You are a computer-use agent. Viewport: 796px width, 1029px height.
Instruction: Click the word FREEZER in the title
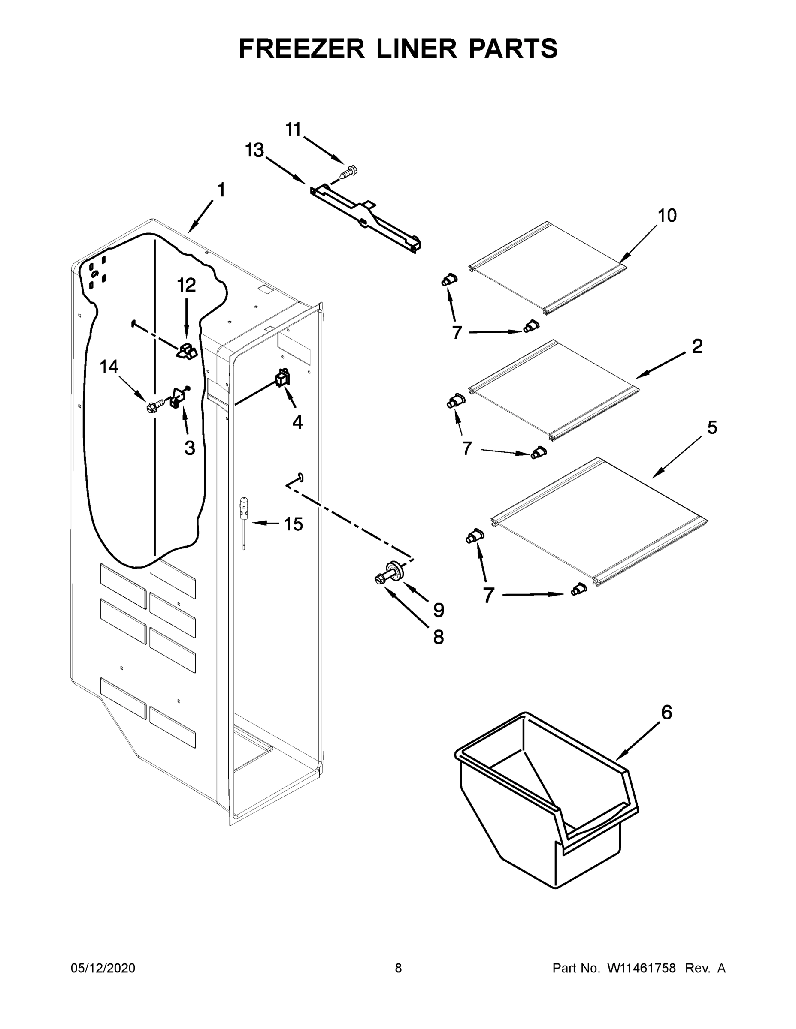pos(301,48)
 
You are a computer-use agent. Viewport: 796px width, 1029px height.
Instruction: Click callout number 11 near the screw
pos(294,129)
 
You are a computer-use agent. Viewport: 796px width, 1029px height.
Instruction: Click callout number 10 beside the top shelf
pos(667,215)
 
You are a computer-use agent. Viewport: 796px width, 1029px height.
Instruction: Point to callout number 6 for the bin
pos(666,713)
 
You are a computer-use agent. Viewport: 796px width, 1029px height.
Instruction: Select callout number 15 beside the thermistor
pos(293,524)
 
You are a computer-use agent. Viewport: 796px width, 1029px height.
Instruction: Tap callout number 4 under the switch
pos(297,422)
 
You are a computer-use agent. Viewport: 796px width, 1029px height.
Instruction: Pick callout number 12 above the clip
pos(186,285)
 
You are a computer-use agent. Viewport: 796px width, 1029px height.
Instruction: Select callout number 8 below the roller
pos(438,637)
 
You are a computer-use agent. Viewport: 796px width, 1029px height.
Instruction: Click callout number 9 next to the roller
pos(439,610)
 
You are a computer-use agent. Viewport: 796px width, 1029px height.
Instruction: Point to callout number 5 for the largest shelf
pos(712,427)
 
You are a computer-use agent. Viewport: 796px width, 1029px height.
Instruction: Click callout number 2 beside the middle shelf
pos(697,346)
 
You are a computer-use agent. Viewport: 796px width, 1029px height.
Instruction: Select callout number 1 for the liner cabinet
pos(221,190)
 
